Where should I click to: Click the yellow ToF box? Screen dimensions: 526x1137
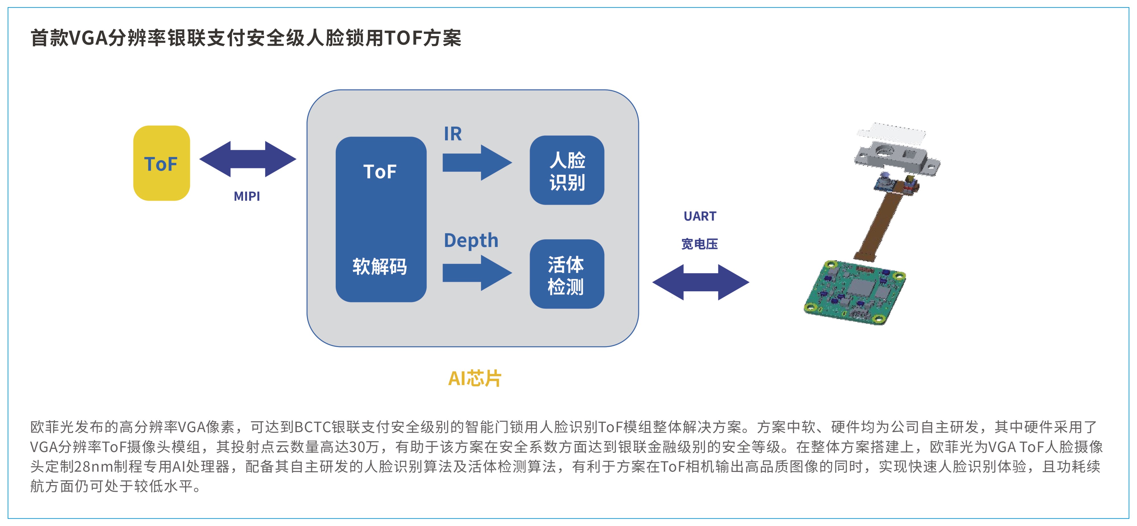[x=161, y=163]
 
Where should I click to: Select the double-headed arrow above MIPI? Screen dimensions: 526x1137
[x=248, y=159]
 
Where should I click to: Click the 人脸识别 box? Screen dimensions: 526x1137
[x=567, y=170]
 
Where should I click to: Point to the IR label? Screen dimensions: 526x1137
[x=453, y=134]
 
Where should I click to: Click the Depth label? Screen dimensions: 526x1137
[x=471, y=241]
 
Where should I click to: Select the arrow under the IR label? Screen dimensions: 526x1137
[x=477, y=162]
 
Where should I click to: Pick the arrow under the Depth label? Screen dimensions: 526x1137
[x=477, y=273]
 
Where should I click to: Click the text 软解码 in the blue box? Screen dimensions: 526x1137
[x=379, y=266]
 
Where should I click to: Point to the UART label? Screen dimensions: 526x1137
[x=700, y=216]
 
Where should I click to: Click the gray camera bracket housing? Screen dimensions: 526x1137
[x=896, y=157]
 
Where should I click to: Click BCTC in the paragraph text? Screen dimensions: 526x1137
[x=312, y=427]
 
